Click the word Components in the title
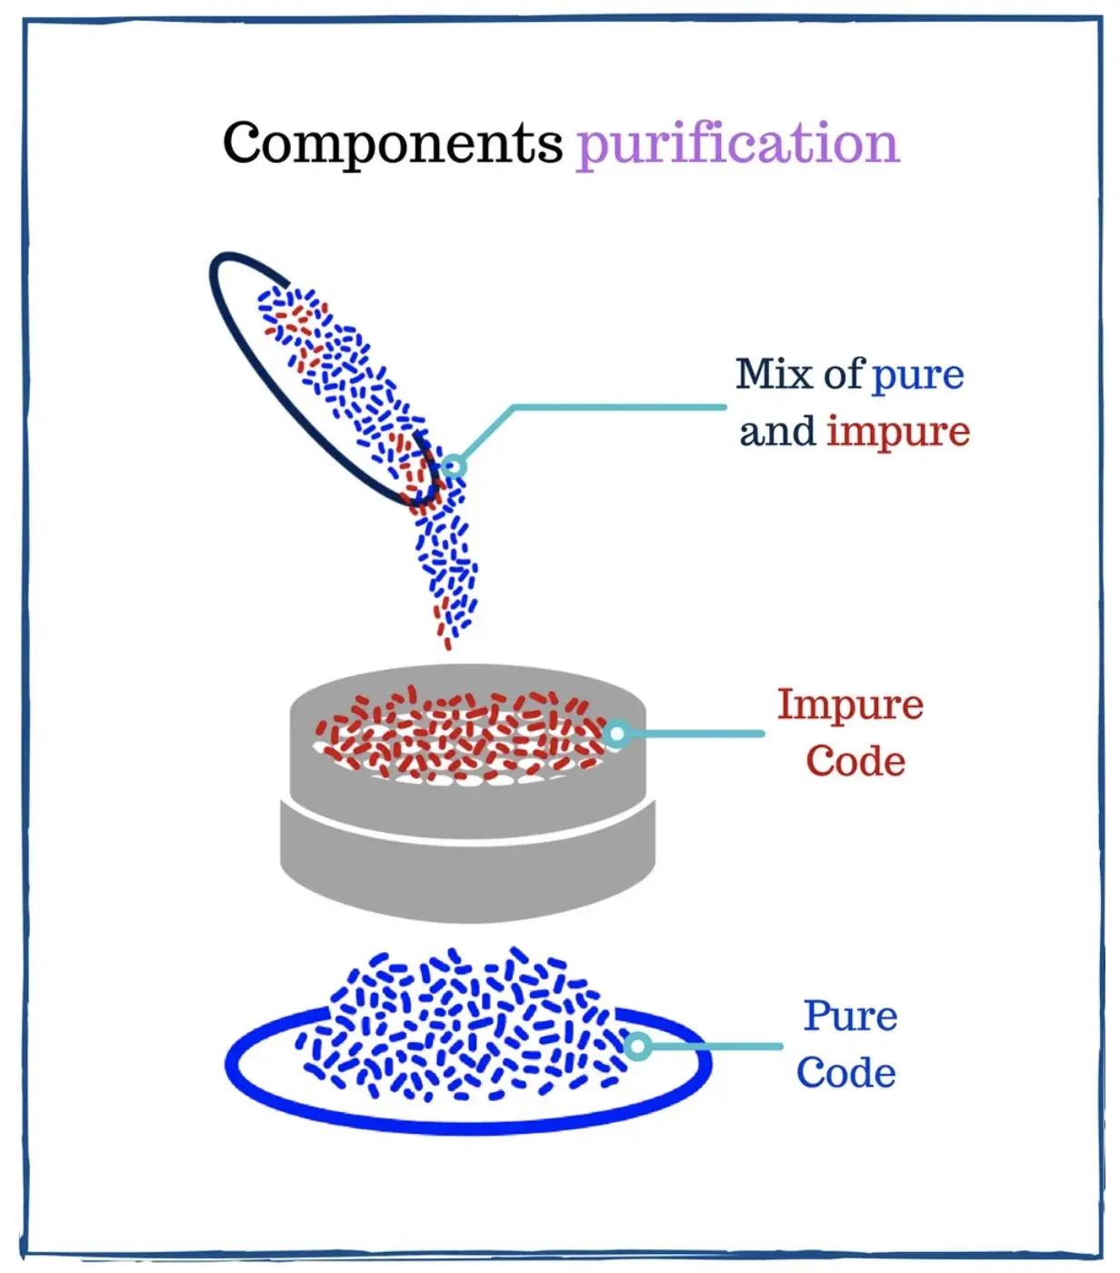393,144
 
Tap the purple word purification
737,144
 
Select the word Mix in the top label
774,374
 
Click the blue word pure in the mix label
917,376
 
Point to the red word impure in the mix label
898,432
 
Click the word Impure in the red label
850,705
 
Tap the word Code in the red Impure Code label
855,761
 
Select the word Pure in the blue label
850,1016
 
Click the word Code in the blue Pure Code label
846,1073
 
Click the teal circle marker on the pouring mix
454,466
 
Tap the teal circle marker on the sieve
616,733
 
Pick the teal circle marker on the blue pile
638,1047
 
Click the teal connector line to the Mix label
618,407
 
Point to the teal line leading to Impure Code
695,733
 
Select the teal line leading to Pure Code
714,1047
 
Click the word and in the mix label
776,432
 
